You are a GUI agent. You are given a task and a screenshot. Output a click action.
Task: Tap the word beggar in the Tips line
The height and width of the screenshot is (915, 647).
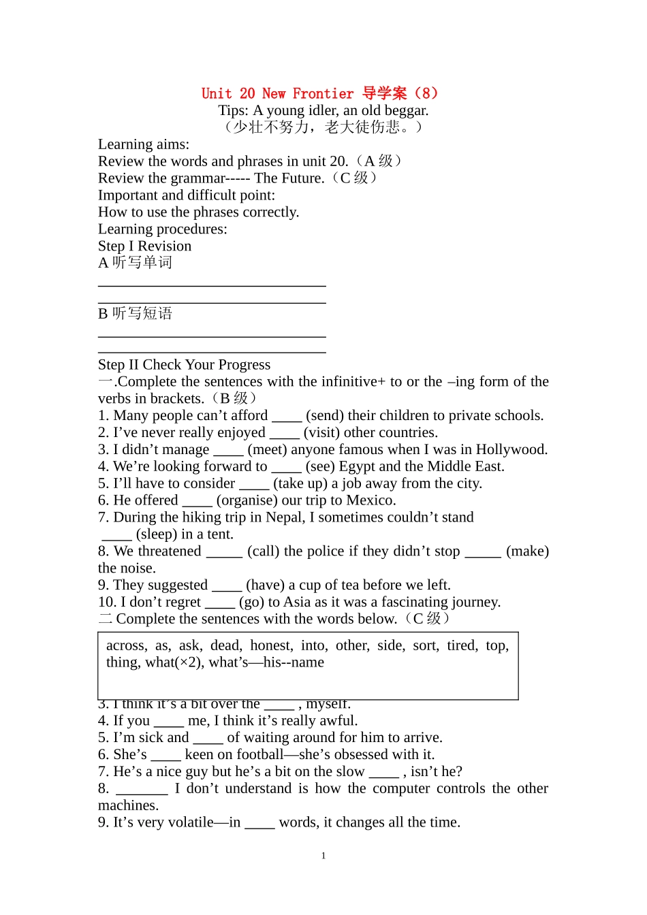pos(406,110)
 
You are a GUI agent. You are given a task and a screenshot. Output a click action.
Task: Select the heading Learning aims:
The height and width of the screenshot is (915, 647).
pos(144,144)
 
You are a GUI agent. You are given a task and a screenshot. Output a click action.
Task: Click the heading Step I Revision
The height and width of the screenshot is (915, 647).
pos(144,246)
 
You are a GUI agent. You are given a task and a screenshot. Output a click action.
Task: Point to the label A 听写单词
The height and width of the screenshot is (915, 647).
pos(135,263)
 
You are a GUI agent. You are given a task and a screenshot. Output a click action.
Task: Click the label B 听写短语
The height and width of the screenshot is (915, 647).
pos(135,314)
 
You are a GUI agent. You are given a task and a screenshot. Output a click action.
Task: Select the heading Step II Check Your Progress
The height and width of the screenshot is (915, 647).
pos(184,365)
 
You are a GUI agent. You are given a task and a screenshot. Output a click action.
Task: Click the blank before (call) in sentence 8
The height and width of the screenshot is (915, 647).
pos(224,551)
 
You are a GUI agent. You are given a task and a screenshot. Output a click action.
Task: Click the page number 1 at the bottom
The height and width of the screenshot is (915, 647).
pos(323,856)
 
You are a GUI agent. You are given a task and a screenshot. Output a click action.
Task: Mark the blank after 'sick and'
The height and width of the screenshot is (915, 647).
pos(208,738)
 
